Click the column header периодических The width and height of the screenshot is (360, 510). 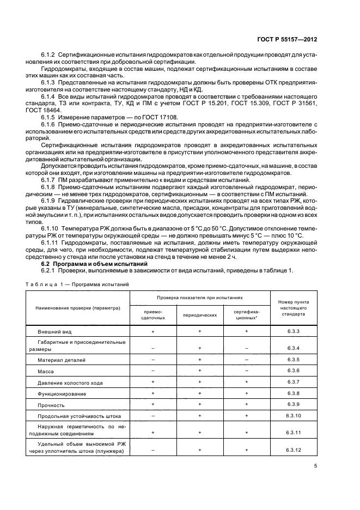(x=200, y=314)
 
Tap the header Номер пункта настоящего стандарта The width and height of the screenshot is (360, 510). (x=294, y=308)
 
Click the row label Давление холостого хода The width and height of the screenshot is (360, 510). (x=69, y=382)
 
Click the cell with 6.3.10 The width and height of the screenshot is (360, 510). (x=294, y=416)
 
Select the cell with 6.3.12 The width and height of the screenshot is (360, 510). (x=294, y=450)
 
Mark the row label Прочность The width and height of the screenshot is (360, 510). (x=51, y=405)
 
